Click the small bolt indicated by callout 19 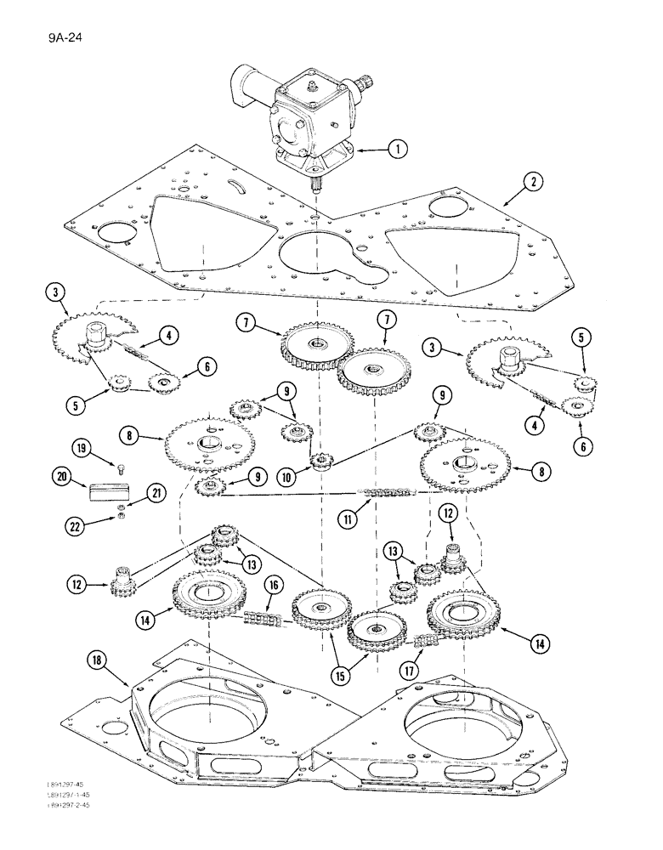tap(121, 465)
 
